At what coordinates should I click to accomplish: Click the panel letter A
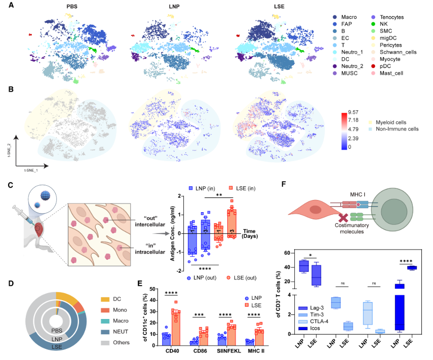point(11,6)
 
